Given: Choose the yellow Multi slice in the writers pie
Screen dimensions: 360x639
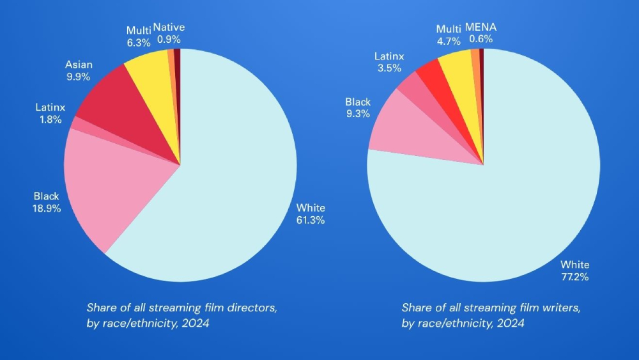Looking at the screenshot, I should point(458,70).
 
